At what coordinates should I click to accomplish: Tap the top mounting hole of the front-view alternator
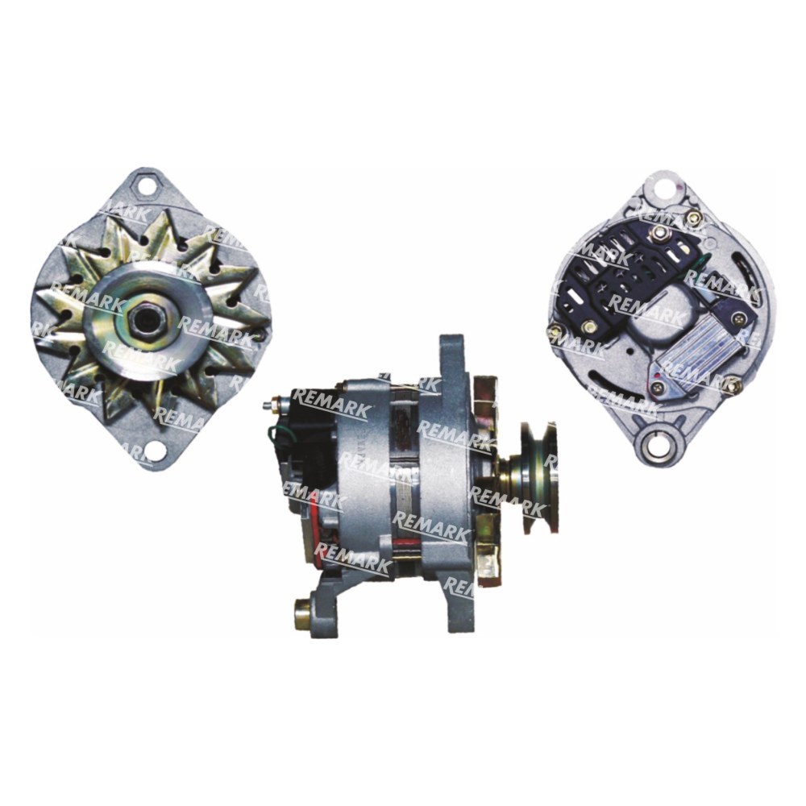pyautogui.click(x=147, y=185)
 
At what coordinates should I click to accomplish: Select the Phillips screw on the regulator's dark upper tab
pyautogui.click(x=738, y=318)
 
